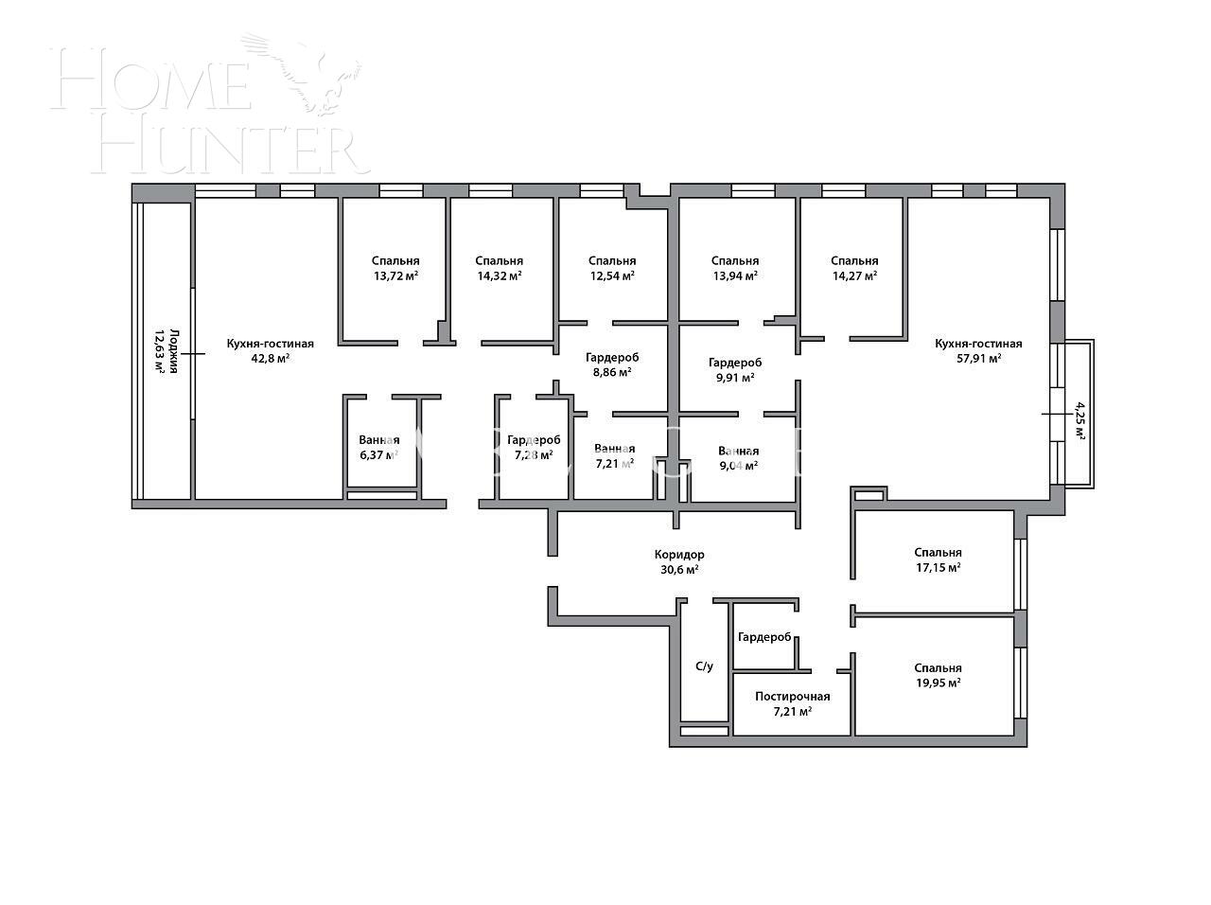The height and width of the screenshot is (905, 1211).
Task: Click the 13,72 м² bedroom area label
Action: point(395,268)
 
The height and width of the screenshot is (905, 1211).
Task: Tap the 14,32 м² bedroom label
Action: point(499,268)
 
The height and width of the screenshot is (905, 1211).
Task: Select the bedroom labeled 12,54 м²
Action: point(611,268)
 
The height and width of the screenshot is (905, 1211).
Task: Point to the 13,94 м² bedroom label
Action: point(734,268)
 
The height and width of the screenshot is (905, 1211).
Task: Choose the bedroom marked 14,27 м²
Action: point(854,268)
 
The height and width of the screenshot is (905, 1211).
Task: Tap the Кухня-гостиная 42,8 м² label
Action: point(270,351)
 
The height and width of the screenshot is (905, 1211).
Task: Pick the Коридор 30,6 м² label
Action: point(679,562)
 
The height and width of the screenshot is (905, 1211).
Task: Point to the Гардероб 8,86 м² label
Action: point(612,365)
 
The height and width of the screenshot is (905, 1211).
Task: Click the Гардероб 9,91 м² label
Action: point(735,369)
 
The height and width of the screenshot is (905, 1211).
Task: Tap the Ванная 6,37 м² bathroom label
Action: point(378,447)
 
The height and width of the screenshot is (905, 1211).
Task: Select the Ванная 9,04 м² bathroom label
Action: point(738,458)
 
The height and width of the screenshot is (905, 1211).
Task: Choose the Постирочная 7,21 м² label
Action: point(792,703)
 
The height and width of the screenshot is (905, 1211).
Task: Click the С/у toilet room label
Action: point(704,666)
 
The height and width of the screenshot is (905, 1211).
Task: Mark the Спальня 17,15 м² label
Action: point(938,560)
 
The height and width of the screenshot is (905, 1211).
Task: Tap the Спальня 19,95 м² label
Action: point(938,675)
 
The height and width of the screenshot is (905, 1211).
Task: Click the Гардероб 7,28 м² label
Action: point(533,448)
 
